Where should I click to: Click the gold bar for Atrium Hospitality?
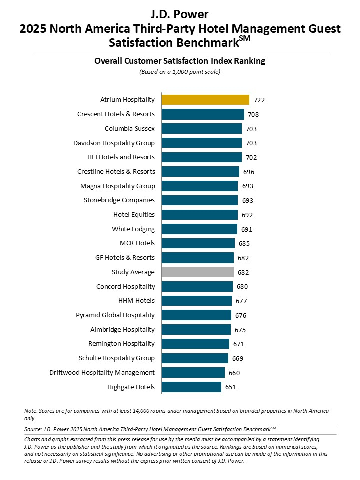(205, 100)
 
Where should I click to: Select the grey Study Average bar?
(197, 272)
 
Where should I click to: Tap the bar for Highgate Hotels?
(191, 387)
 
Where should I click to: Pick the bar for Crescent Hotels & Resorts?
(203, 114)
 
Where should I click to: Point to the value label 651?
(230, 387)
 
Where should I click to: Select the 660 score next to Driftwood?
(234, 373)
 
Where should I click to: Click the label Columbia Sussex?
(129, 129)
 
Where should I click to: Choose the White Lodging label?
(133, 229)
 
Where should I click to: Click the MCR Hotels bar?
(198, 243)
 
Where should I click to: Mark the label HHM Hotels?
(136, 301)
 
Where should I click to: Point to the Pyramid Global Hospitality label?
(115, 315)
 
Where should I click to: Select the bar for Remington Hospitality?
(195, 344)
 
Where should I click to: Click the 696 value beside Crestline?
(249, 172)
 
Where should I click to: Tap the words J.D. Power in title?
(180, 14)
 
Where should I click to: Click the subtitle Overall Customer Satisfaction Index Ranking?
(180, 61)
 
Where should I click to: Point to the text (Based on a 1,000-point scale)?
(180, 72)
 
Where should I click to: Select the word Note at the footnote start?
(30, 411)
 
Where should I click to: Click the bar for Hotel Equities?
(199, 215)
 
